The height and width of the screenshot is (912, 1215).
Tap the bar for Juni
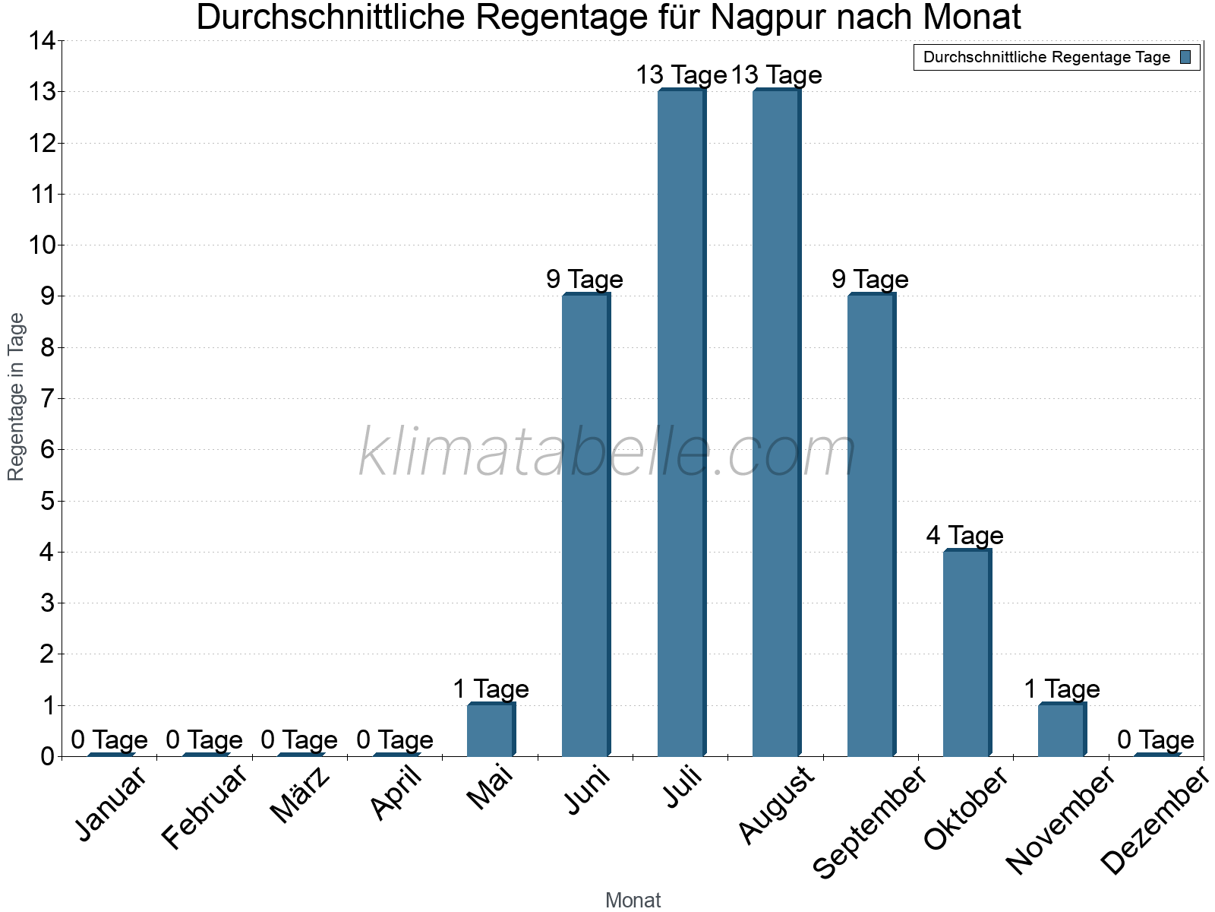[585, 524]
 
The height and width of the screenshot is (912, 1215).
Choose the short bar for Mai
[491, 730]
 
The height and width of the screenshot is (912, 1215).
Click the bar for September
[871, 524]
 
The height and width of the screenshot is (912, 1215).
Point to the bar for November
[1062, 730]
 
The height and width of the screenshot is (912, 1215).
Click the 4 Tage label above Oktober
[964, 536]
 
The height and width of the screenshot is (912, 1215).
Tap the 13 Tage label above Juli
[681, 75]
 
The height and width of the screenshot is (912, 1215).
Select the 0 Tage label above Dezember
[1156, 739]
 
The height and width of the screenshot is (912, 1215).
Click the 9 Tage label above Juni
[585, 280]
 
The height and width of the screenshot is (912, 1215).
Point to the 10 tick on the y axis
[43, 245]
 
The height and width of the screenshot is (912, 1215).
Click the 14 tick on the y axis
[43, 40]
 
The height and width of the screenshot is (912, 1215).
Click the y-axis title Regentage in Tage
[16, 397]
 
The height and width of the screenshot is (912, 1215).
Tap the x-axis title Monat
[633, 900]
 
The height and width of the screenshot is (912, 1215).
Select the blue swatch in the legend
[1185, 57]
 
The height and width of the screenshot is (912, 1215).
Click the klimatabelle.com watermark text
[607, 453]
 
